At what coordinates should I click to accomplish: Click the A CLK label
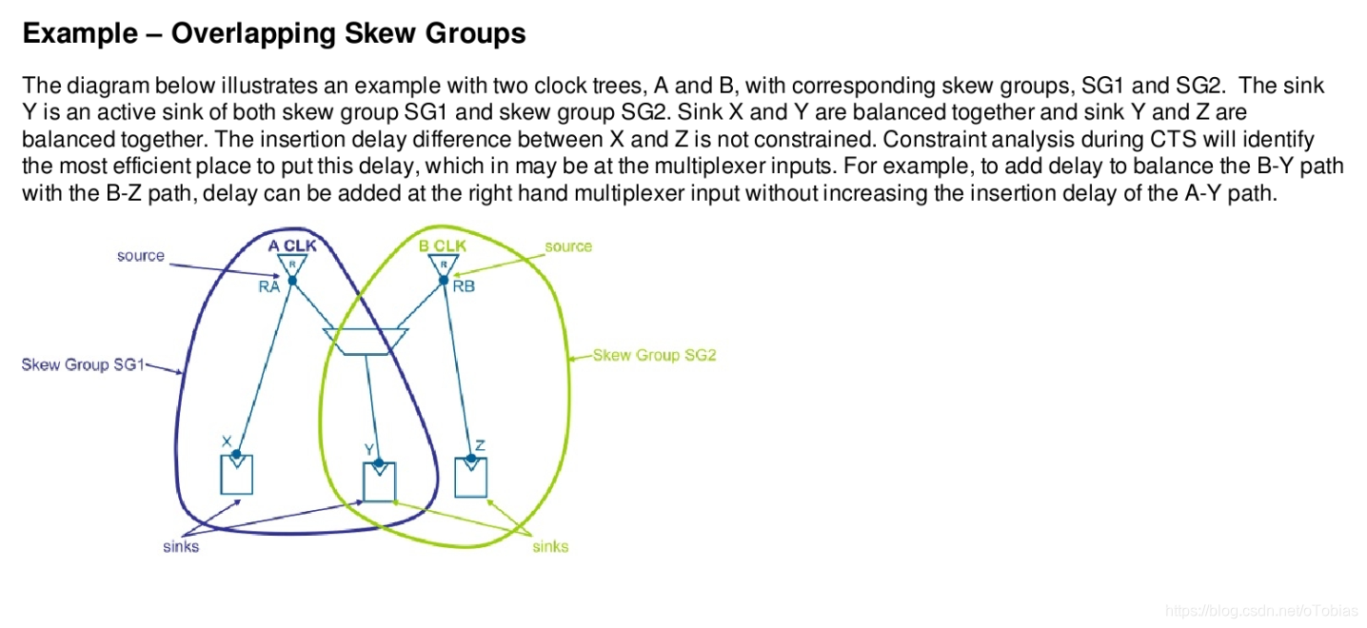pos(293,245)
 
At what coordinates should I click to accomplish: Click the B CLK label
pos(443,245)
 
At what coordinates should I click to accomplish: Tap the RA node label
pos(268,287)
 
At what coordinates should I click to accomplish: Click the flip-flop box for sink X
pos(236,475)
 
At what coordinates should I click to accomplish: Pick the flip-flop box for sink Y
pos(379,481)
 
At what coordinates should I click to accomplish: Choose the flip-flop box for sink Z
pos(470,477)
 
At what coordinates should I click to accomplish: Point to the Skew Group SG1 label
pos(82,364)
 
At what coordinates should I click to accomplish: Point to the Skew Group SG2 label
pos(654,355)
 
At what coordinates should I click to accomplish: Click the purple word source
pos(141,256)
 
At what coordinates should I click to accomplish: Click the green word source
pos(568,246)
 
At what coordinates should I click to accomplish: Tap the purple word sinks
pos(181,546)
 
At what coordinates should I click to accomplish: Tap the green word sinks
pos(550,546)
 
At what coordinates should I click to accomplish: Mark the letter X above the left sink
pos(227,442)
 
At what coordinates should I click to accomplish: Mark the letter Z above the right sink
pos(480,444)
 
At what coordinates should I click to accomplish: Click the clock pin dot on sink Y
pos(379,463)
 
